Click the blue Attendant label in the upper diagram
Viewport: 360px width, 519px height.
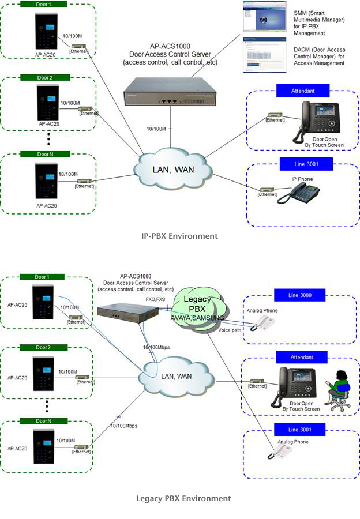[303, 91]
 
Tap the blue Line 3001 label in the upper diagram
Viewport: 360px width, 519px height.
[303, 164]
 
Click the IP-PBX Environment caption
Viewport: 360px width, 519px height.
[180, 236]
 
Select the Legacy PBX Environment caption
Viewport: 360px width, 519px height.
[183, 498]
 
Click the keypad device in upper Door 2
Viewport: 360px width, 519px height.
[48, 103]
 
